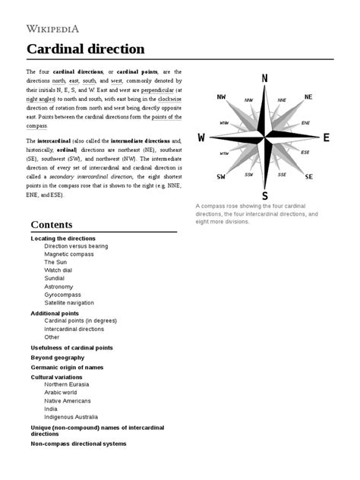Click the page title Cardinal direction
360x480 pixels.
point(85,49)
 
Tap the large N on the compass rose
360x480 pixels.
point(264,78)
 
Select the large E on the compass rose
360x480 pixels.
point(326,137)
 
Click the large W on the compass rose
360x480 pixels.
point(201,137)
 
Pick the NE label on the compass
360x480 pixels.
point(308,97)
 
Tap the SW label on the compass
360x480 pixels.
point(220,177)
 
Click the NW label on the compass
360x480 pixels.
point(221,97)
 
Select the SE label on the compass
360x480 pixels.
point(309,177)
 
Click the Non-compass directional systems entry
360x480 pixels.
point(78,444)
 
